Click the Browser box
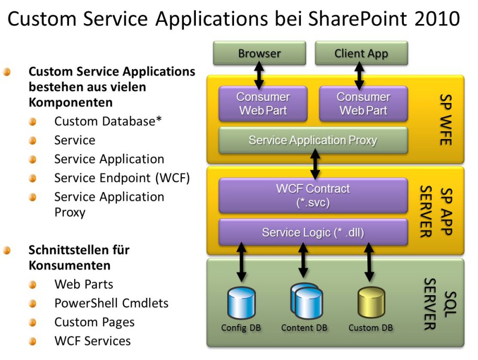click(260, 53)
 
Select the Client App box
click(362, 53)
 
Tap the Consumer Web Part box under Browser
click(263, 103)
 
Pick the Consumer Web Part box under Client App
click(364, 103)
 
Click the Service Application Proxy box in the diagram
click(313, 140)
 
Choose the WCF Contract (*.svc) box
click(313, 195)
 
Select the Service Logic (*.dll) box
click(313, 233)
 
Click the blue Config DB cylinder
click(241, 303)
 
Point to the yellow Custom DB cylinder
click(371, 303)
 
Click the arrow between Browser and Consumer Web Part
click(259, 76)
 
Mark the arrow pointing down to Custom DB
click(369, 262)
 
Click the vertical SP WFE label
click(446, 120)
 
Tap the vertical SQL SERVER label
click(440, 304)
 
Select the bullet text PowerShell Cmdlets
click(111, 303)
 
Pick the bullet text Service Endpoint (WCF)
click(122, 178)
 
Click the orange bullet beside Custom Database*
click(32, 122)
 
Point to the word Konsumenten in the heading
click(69, 265)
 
